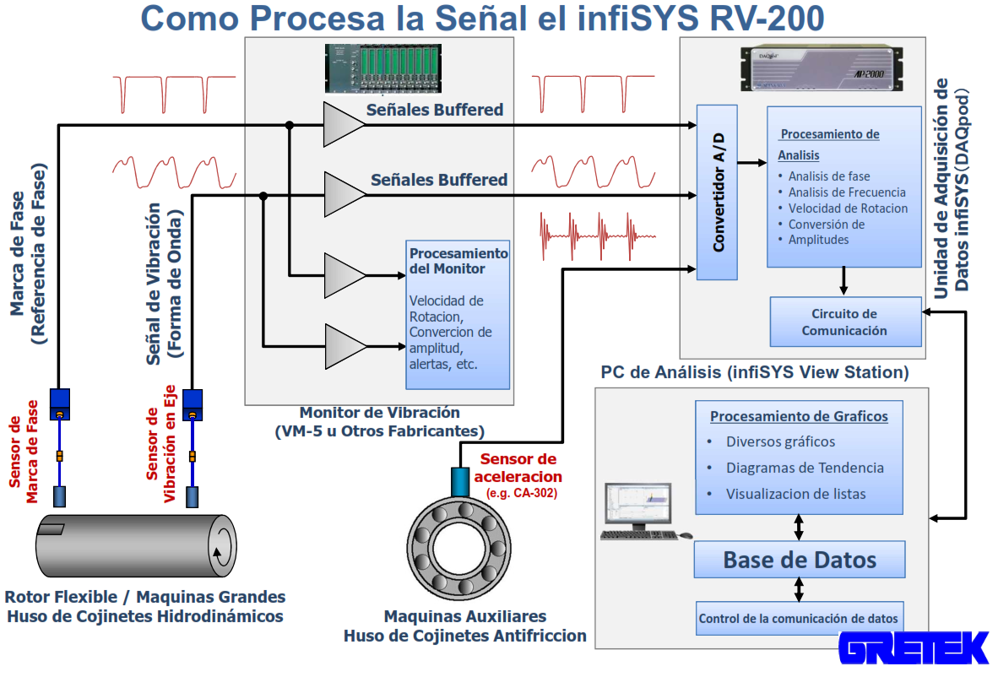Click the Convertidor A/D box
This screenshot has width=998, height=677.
(716, 192)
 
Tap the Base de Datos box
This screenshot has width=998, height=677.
(800, 560)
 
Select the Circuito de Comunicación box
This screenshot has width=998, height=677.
(844, 322)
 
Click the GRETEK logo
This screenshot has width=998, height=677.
(914, 648)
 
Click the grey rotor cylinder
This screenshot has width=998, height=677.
(135, 545)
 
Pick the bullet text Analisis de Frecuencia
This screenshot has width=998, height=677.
(846, 192)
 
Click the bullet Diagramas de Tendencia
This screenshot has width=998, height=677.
(805, 468)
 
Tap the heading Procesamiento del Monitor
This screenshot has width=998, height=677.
(458, 261)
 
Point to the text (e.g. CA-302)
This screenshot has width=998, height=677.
(522, 493)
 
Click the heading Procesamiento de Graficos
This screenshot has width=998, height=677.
(799, 416)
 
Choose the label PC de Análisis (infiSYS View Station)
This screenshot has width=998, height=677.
(754, 372)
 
